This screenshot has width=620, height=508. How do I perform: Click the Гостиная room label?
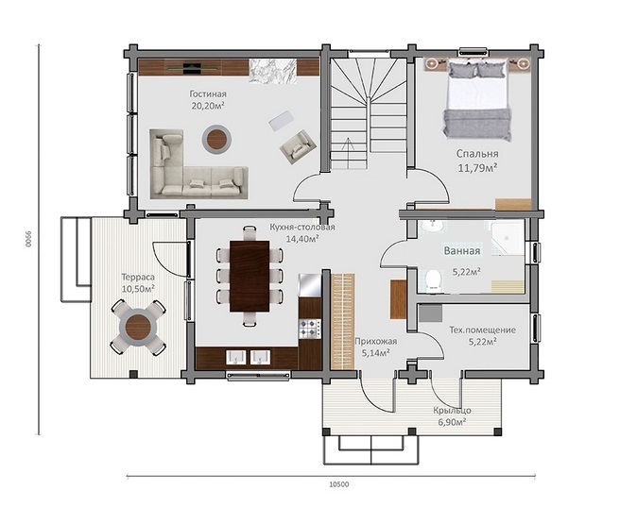click(208, 94)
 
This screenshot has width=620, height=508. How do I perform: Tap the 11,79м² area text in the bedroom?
click(477, 168)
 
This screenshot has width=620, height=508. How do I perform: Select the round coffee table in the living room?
click(216, 139)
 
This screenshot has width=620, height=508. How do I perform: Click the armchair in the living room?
click(298, 145)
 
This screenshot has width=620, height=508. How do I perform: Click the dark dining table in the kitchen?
click(250, 276)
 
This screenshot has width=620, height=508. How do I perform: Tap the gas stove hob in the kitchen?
click(310, 329)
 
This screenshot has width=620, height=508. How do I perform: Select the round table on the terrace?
click(138, 327)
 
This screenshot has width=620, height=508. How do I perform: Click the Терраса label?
click(138, 278)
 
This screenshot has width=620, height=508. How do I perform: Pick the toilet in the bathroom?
click(434, 280)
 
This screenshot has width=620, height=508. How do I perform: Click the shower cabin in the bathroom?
click(508, 238)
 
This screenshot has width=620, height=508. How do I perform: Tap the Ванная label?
click(462, 251)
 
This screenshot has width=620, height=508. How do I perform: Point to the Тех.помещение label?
click(482, 330)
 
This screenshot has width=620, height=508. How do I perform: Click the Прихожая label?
click(375, 341)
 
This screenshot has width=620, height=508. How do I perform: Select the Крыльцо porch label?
click(452, 411)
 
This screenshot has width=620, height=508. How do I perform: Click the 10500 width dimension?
click(339, 484)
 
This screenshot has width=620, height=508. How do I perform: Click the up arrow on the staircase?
click(348, 153)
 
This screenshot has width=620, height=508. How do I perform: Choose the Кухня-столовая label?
click(302, 228)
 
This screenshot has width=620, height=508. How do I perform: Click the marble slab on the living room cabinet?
click(273, 71)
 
